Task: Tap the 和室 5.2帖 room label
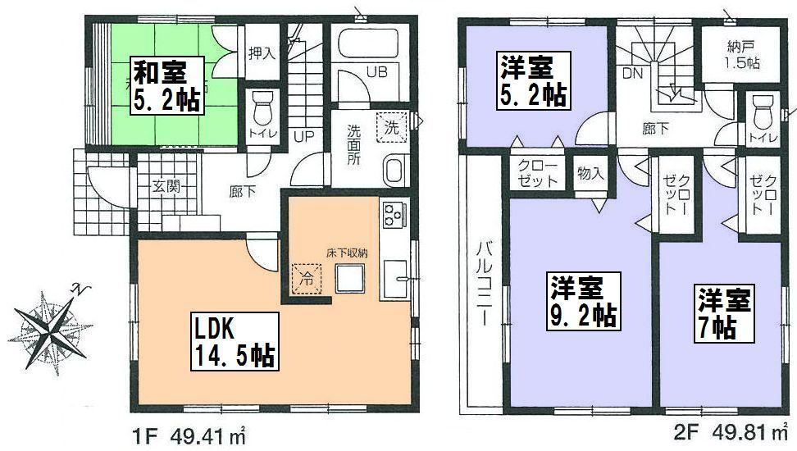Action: pyautogui.click(x=169, y=85)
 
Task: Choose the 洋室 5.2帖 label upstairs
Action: pyautogui.click(x=533, y=80)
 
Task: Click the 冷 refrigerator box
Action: pyautogui.click(x=306, y=276)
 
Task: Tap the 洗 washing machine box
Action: pyautogui.click(x=392, y=127)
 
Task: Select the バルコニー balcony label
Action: pyautogui.click(x=485, y=282)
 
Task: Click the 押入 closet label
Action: pyautogui.click(x=262, y=52)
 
